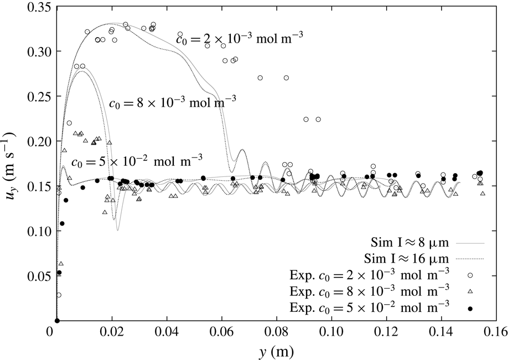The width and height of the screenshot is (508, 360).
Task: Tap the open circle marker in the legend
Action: (470, 274)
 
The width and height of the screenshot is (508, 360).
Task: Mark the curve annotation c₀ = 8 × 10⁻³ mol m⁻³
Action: (172, 101)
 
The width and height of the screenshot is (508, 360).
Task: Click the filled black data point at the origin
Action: (57, 321)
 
